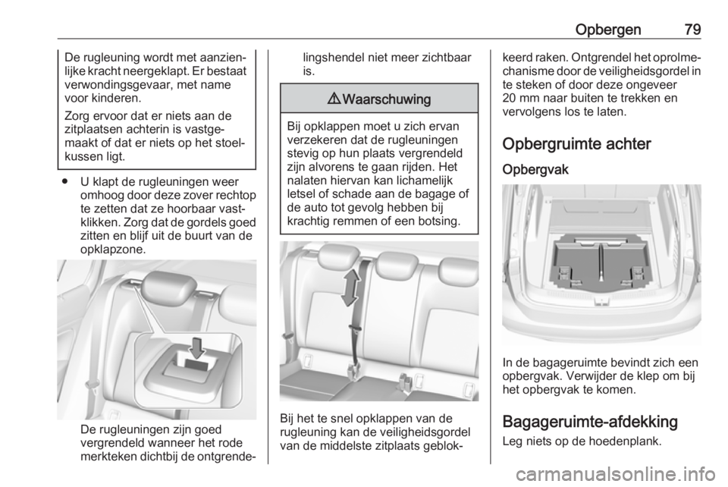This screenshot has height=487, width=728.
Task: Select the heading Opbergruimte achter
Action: (x=576, y=144)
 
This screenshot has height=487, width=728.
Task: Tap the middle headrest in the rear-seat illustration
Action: (x=395, y=263)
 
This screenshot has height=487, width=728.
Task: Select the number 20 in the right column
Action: (x=508, y=100)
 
